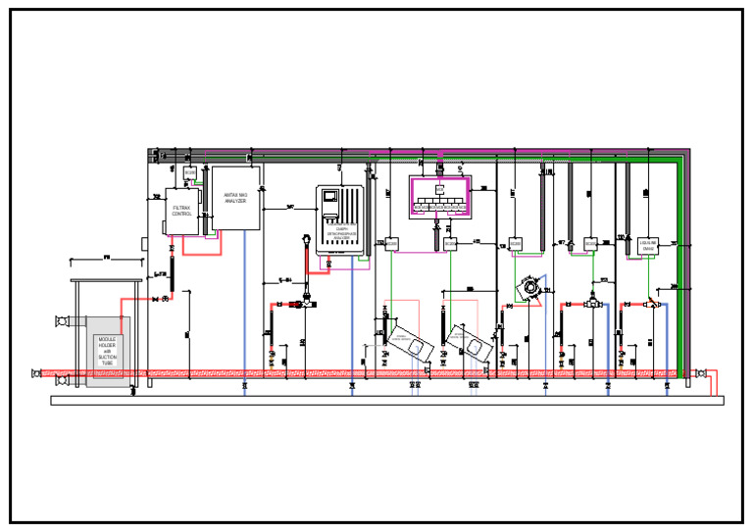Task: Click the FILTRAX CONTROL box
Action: coord(182,211)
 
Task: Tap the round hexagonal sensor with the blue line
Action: coord(529,287)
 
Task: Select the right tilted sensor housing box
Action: coord(469,341)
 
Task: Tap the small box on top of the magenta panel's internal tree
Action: coord(440,189)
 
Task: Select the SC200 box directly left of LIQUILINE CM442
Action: coord(590,243)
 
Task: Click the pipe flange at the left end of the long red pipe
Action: coord(37,372)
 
